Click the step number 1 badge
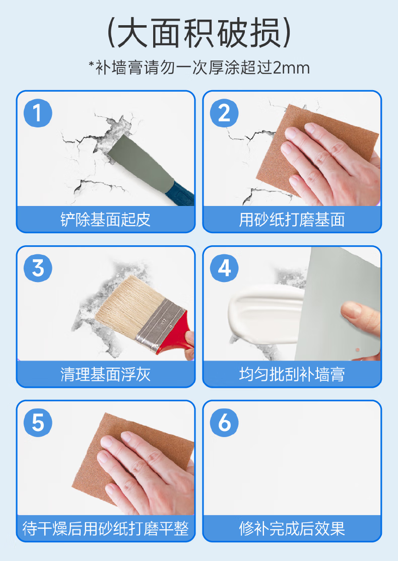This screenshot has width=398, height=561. (38, 113)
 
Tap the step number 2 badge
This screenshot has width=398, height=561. (224, 113)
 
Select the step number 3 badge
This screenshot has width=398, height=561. (38, 268)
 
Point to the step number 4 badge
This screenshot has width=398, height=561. (224, 268)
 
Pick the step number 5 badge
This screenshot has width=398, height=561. (38, 423)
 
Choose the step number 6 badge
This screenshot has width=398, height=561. (224, 423)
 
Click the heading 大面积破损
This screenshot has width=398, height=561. (199, 33)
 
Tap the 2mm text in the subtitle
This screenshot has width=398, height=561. (291, 67)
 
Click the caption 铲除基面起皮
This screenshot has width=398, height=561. (106, 220)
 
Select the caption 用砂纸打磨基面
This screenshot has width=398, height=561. (292, 220)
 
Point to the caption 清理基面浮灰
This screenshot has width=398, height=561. (106, 374)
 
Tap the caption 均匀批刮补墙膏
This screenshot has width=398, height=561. (292, 374)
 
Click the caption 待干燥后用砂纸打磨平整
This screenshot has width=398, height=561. (106, 529)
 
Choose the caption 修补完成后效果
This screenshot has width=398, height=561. (292, 529)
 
